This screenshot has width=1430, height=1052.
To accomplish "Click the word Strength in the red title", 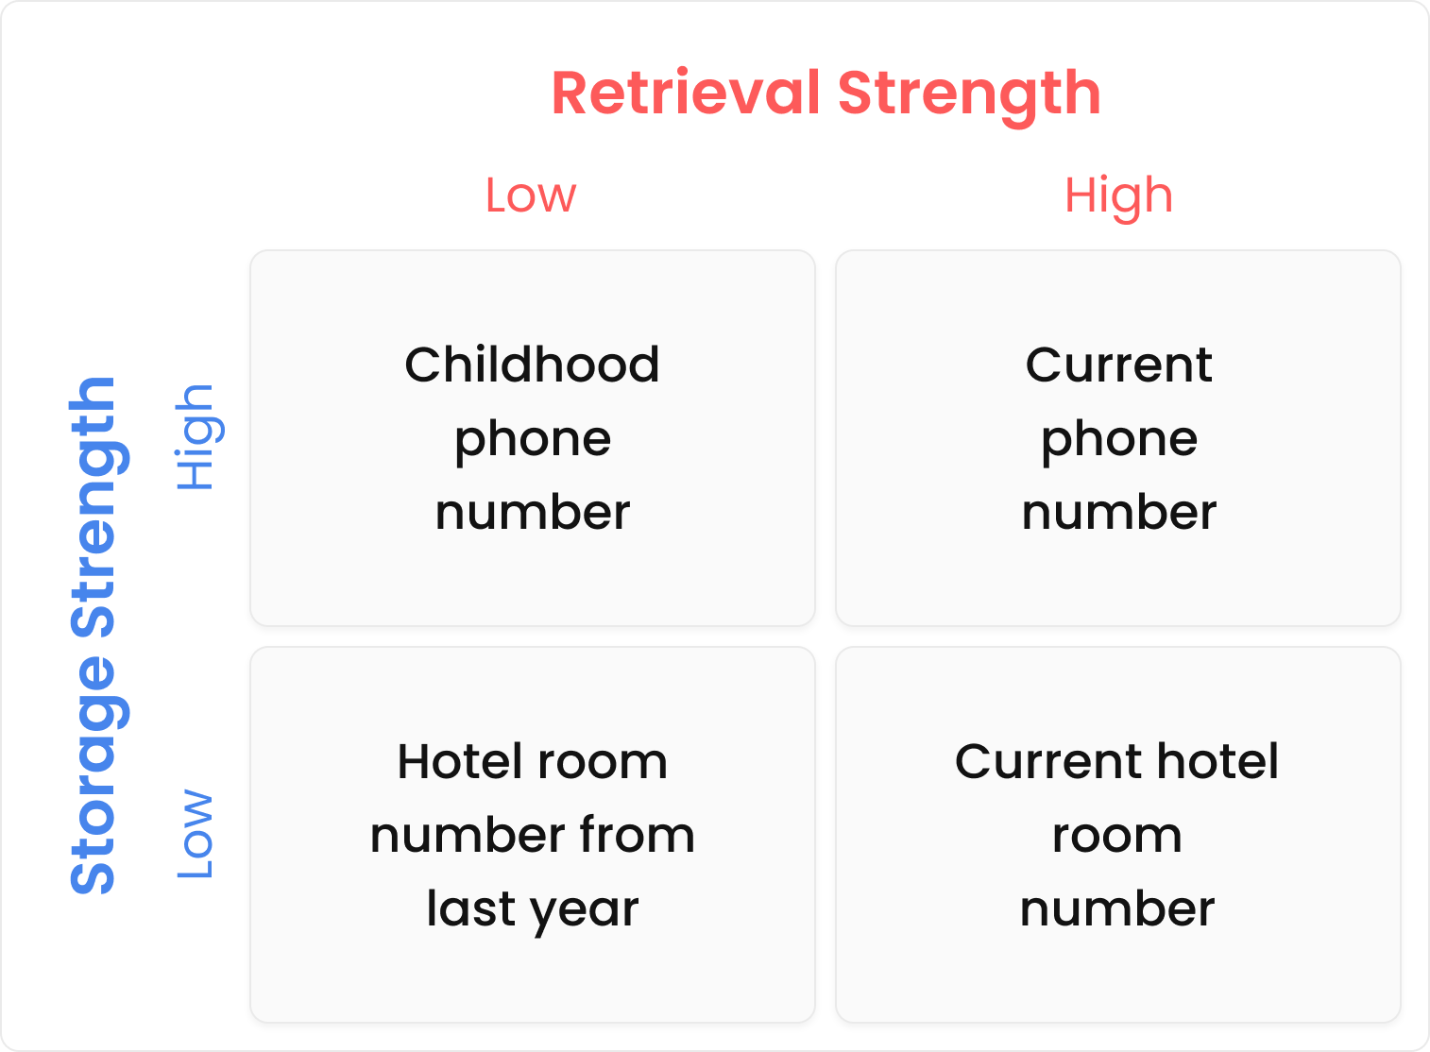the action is (970, 95).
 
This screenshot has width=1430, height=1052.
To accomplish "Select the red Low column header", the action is (531, 195).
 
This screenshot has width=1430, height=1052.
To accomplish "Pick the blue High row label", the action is (198, 437).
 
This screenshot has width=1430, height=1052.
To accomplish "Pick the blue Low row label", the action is (195, 834).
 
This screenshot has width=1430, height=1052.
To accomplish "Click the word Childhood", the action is (532, 365).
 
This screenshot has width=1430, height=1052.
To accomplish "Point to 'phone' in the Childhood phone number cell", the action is (533, 442).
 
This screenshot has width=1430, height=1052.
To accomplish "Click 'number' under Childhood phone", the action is (533, 512).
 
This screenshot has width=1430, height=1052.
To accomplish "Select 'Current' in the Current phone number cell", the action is (1118, 365).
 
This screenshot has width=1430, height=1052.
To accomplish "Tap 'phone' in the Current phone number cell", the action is (1118, 442).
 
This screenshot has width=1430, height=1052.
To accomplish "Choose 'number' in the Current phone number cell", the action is (1118, 512).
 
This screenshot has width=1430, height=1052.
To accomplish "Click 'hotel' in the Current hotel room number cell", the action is (1217, 761).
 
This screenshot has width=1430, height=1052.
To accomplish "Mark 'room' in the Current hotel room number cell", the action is (1117, 837).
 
